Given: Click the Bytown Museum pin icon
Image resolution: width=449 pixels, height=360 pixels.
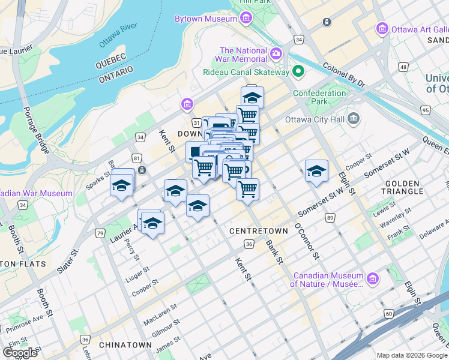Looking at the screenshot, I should pos(246,19).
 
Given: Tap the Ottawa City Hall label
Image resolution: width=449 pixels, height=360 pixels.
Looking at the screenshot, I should pos(319,119).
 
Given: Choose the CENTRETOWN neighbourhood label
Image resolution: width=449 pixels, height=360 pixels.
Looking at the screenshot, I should pos(251,231).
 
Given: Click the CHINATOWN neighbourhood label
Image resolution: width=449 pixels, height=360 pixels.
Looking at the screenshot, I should pos(124,345).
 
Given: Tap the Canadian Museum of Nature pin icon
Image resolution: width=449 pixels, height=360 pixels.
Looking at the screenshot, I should pos(373,279).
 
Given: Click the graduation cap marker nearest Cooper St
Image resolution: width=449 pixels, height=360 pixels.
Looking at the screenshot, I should pos(316,171).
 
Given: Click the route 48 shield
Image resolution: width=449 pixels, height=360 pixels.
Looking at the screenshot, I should pos(403,67).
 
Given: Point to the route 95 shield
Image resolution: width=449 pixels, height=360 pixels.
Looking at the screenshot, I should pos(426,110).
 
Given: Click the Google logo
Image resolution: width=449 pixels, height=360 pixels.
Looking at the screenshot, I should pos(20,352).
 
